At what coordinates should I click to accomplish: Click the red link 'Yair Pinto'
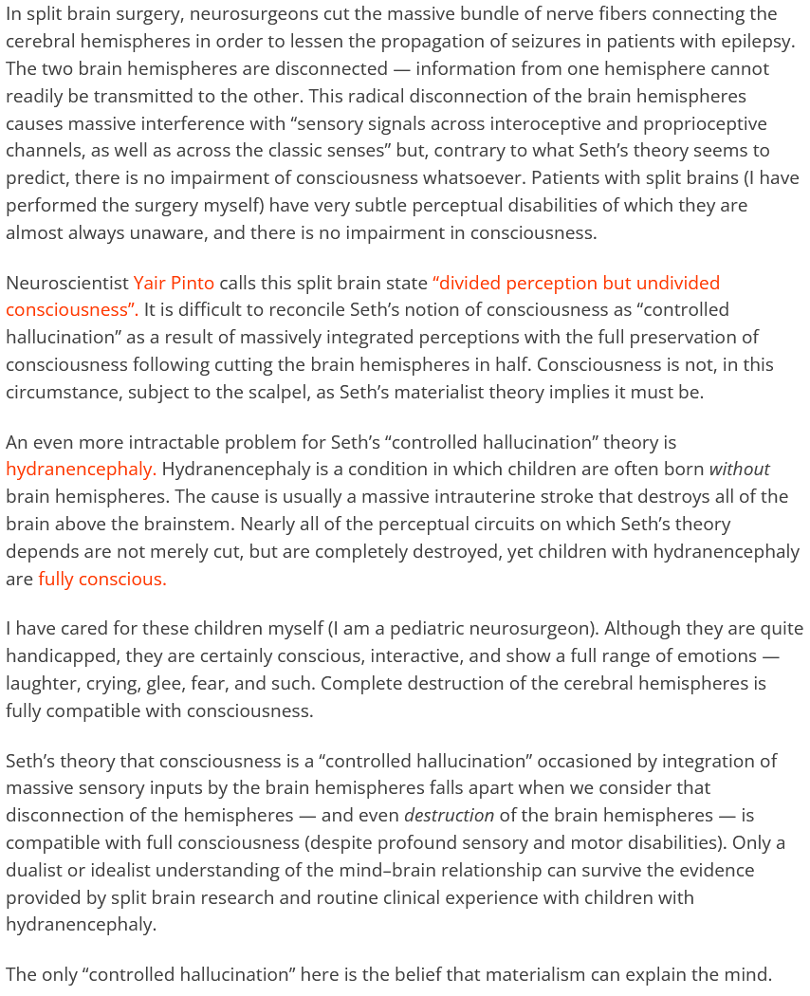pos(174,283)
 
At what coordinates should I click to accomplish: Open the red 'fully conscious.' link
pos(101,579)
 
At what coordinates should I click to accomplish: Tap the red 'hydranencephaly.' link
pos(81,469)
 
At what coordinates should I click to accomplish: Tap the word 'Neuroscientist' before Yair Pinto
pos(66,283)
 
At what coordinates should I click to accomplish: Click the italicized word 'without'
pos(739,469)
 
